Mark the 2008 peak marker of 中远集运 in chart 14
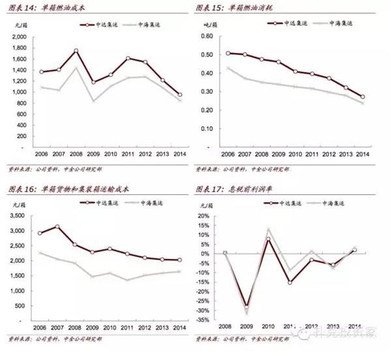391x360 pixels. (x=76, y=51)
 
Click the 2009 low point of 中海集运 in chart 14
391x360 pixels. (x=94, y=101)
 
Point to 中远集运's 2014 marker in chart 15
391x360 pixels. (x=362, y=97)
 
